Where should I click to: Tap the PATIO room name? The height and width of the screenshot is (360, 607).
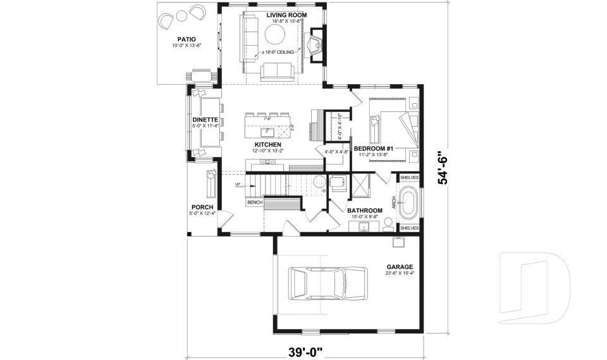185,39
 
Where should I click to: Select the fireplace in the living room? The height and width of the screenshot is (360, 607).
314,45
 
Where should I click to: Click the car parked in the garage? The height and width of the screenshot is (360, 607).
328,282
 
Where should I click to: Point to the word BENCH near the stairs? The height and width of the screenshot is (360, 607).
254,202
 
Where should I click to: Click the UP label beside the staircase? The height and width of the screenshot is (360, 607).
238,185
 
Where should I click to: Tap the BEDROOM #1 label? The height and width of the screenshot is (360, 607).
373,149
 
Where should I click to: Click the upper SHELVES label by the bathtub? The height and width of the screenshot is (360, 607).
409,178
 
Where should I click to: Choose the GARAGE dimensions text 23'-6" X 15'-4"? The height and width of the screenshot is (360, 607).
400,274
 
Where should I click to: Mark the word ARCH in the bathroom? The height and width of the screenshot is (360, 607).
394,203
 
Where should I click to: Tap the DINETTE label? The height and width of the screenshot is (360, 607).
205,120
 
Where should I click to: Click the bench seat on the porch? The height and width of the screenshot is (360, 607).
210,183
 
